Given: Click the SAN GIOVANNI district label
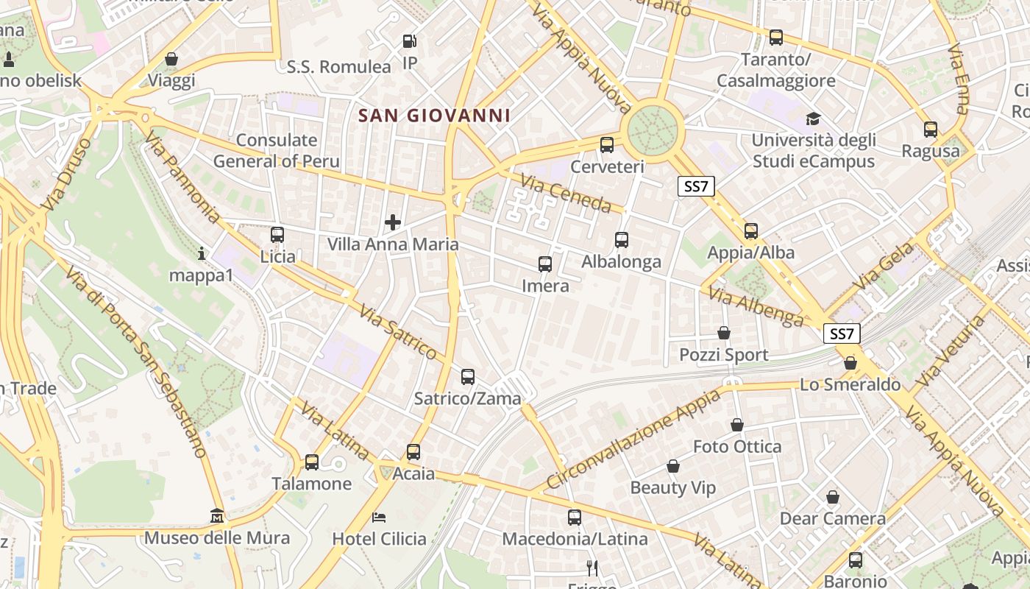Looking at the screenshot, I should pos(434,116).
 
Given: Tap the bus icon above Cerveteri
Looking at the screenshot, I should pos(607,145).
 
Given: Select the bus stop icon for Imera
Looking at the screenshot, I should pos(545,264).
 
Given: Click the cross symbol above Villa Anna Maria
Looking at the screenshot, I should pos(393,222).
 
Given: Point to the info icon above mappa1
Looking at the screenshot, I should pos(202,254).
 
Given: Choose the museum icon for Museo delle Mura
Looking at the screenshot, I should pos(217,515).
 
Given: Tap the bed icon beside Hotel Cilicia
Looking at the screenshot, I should pos(379,517).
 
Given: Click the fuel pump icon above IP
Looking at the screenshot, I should pos(410,42).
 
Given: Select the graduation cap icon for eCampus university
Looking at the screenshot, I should pos(813,119).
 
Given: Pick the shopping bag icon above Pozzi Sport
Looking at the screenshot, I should pos(724,333).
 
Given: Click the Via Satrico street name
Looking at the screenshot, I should pos(398,332).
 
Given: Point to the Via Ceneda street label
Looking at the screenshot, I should pos(565,193).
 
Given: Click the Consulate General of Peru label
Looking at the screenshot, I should pos(277,151).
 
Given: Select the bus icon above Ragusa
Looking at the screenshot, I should pos(931,130).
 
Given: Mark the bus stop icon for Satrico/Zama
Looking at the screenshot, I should pos(468,377).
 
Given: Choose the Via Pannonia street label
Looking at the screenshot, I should pos(182,177).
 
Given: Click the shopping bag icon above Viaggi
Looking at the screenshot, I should pos(171,59).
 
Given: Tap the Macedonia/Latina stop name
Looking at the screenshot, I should pos(575,539).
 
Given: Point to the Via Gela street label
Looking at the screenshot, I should pos(883,266).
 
